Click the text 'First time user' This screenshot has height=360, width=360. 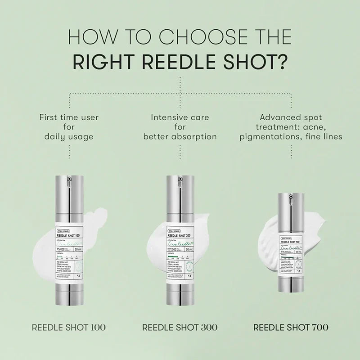point(68,117)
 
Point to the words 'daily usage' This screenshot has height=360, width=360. point(68,136)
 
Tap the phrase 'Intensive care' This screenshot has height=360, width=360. point(180,117)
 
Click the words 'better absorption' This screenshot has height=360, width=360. point(180,136)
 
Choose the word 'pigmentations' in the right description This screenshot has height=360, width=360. point(274,136)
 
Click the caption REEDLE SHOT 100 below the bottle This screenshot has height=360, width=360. point(68,327)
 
